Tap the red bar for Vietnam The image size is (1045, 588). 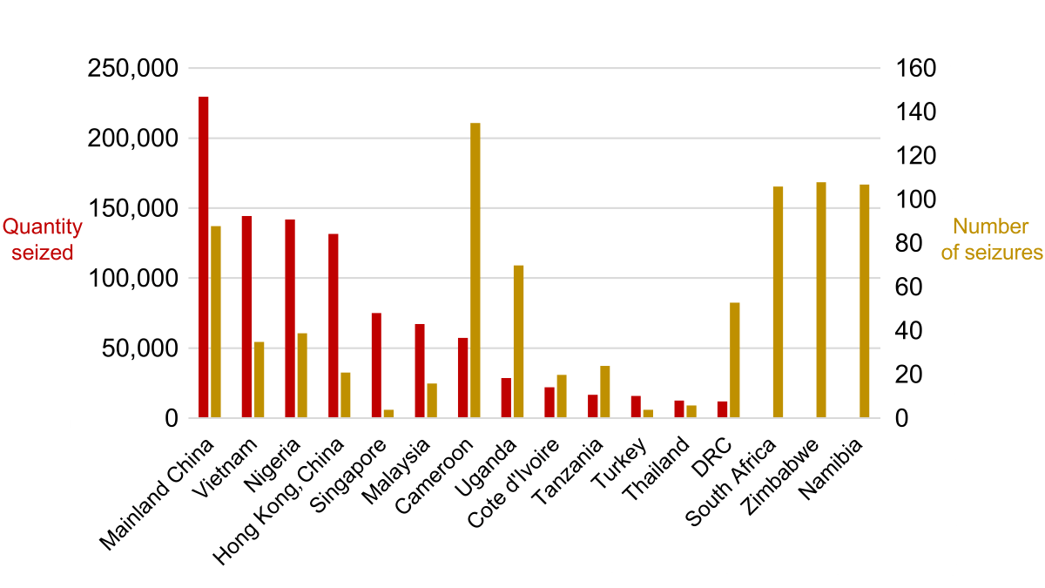(x=246, y=317)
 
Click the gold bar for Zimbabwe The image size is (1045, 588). (x=820, y=300)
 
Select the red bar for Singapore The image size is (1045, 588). (x=376, y=365)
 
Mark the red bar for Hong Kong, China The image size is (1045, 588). (x=333, y=326)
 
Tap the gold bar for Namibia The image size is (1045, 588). (x=864, y=301)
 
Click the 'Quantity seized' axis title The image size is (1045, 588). (x=42, y=240)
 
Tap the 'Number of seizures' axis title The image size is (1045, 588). (x=991, y=240)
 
